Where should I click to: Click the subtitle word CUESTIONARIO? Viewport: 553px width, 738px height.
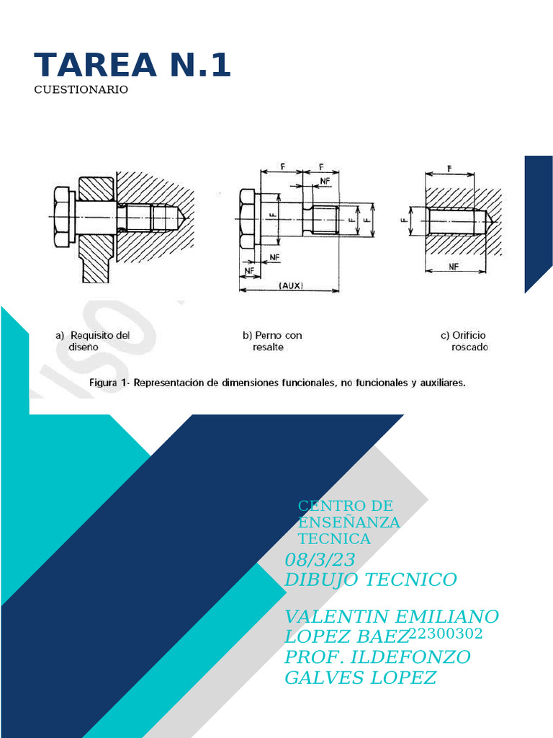point(81,90)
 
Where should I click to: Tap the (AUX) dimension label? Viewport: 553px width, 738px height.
point(290,285)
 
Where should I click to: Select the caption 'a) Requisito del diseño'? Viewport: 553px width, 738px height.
point(93,341)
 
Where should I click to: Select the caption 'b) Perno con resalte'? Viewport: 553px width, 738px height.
point(272,341)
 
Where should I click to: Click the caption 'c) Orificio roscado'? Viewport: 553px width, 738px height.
point(464,341)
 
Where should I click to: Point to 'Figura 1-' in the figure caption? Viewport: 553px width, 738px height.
point(112,383)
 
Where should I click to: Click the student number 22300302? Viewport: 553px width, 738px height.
point(445,633)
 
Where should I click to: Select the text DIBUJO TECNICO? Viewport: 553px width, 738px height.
point(371,579)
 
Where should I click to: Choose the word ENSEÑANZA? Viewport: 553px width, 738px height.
point(349,523)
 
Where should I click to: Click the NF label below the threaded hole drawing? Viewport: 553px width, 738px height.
point(454,266)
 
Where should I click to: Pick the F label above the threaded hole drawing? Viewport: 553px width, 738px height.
point(449,168)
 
